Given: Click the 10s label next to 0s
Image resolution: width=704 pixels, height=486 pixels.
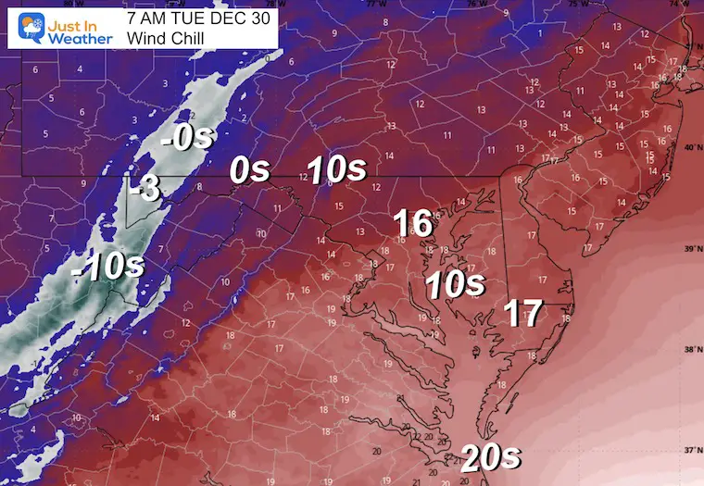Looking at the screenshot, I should [336, 169].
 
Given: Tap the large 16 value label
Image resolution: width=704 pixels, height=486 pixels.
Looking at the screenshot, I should [412, 223].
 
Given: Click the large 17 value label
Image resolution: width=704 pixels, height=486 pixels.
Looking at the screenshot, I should [522, 314].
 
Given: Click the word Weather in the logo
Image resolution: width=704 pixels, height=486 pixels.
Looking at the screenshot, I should [82, 38].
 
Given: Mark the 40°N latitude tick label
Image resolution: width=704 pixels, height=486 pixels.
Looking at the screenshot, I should [690, 148].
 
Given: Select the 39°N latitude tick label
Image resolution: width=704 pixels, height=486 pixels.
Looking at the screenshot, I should [690, 249].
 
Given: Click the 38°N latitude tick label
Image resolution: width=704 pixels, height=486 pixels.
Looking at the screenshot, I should [690, 350].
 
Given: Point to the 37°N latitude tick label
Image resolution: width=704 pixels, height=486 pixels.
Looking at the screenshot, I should [690, 450].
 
